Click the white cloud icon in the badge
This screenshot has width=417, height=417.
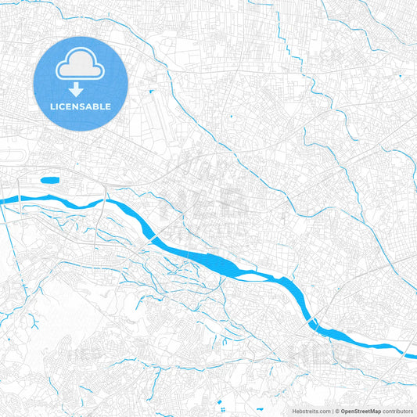(x=81, y=66)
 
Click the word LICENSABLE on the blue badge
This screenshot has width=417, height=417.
(x=81, y=106)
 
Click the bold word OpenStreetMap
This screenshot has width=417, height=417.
(x=361, y=410)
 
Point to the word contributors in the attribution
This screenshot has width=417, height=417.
(x=397, y=410)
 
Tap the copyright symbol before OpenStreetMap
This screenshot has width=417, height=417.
(x=337, y=410)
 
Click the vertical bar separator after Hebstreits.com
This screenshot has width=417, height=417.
(x=332, y=410)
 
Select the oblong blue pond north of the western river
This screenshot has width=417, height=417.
(x=50, y=180)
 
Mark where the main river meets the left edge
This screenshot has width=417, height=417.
(x=2, y=201)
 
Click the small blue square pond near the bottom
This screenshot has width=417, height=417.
(x=221, y=401)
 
